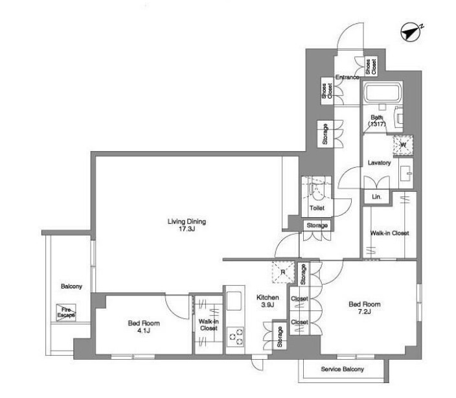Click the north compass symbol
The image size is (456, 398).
coord(411,32)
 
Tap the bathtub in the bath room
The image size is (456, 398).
coord(382,92)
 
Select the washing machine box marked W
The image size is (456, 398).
coord(403,145)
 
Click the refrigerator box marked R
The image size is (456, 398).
coord(283,272)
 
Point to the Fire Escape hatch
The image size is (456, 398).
coord(66,312)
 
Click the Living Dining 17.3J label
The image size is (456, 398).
coord(187,225)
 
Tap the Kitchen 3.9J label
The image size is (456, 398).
coord(268,301)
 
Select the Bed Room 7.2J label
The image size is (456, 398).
coord(365,308)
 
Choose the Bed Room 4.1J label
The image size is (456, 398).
coord(144,327)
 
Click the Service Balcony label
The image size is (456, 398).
coord(342,369)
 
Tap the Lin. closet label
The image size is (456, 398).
coord(376,197)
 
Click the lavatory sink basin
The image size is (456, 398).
coord(405,173)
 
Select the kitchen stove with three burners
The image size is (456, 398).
coord(235,336)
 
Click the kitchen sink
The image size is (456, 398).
coord(234,301)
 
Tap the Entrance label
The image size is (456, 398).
coord(347,77)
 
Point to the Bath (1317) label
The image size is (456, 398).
coord(377,121)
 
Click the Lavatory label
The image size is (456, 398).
coord(379,163)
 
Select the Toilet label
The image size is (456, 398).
coord(317,208)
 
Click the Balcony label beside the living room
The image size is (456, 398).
coord(71,287)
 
